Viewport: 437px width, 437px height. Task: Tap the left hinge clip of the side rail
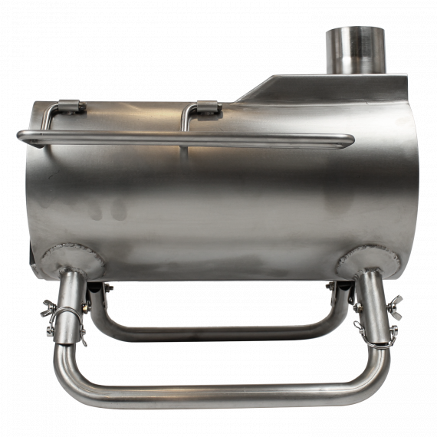(71, 107)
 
